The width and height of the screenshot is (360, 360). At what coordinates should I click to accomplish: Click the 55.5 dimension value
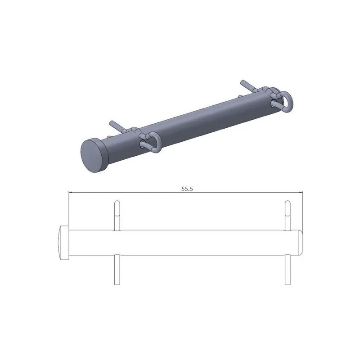(x=187, y=189)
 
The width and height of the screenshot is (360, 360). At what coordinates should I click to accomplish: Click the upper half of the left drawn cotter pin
(x=117, y=215)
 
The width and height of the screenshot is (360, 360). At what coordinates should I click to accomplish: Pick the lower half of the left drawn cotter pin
(x=117, y=269)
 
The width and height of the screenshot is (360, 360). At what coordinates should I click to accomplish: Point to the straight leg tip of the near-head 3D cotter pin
(x=111, y=122)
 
